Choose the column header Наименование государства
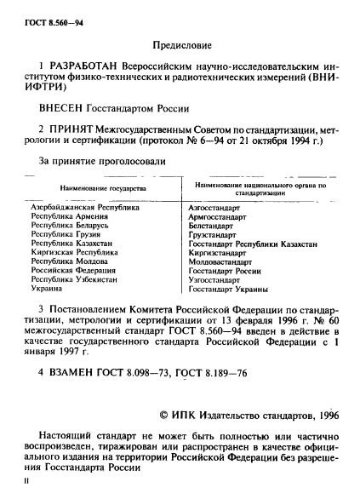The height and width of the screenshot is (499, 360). [101, 186]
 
